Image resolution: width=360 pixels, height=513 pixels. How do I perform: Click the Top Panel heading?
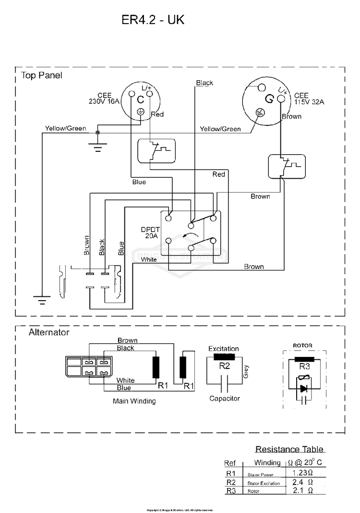pos(41,75)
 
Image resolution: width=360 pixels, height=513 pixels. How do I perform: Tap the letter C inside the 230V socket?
pos(140,100)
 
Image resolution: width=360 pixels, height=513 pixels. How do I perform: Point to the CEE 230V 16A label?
pos(104,98)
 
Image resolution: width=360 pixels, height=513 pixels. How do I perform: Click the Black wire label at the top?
pos(204,83)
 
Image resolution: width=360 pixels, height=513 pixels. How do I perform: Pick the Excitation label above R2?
pos(223,349)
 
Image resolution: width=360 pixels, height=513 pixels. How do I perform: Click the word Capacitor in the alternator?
pos(224,398)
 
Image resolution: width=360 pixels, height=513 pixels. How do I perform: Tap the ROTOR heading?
pos(303,345)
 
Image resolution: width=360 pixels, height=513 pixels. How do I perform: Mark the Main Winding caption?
pos(134,401)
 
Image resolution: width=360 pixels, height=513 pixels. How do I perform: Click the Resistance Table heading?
pos(289,450)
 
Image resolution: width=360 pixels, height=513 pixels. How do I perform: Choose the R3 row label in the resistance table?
pos(230,491)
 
